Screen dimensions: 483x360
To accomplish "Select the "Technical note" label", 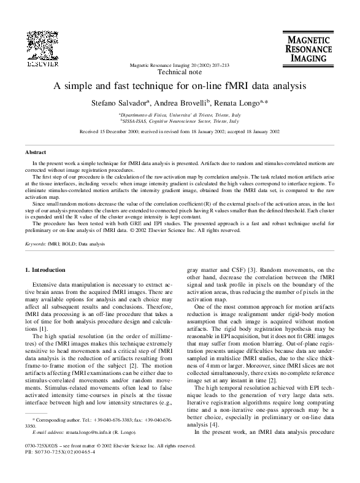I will click(x=179, y=72).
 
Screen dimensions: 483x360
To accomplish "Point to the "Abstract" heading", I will click(x=35, y=151).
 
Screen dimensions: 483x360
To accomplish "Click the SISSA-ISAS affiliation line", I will click(x=180, y=122).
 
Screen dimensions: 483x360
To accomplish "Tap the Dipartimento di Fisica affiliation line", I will click(x=180, y=115).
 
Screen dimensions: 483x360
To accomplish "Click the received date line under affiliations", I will click(x=180, y=131).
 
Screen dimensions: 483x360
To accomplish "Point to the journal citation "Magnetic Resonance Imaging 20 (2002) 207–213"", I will click(x=179, y=64).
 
